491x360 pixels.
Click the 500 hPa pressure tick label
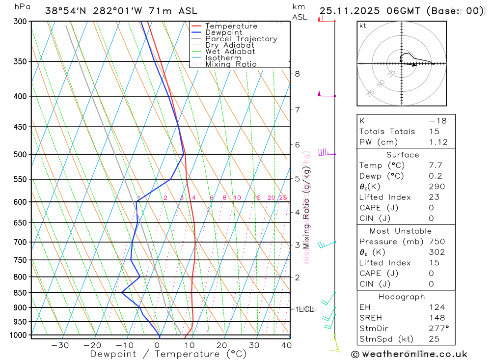[21, 154]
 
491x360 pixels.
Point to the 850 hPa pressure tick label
[21, 293]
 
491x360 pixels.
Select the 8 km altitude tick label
[297, 74]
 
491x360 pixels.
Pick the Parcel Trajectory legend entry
[241, 39]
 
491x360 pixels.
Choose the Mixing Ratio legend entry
[231, 64]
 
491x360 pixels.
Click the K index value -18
[437, 121]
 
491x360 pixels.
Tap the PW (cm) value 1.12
[438, 142]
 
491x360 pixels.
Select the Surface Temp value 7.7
[436, 166]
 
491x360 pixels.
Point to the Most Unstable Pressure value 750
[436, 242]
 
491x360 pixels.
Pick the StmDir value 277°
[438, 329]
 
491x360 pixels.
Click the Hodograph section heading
[402, 297]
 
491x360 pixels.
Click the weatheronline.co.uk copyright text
[409, 354]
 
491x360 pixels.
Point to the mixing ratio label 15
[257, 198]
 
